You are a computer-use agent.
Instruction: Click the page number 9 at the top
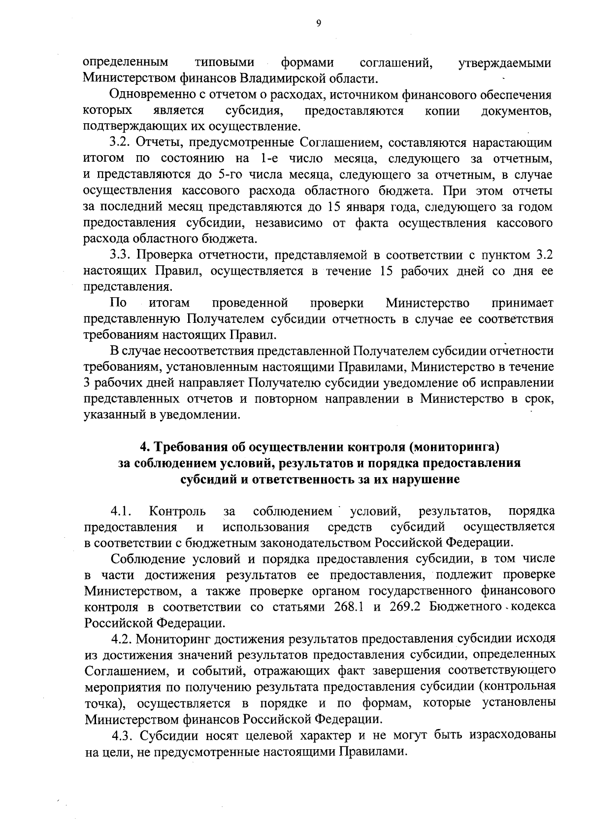pos(319,23)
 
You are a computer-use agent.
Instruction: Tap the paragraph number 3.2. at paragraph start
pos(120,143)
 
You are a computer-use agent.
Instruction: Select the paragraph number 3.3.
pos(120,255)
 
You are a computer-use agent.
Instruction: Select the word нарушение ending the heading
pos(426,480)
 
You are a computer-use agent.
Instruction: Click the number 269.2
pos(405,607)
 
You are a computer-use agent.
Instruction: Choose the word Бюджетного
pos(463,607)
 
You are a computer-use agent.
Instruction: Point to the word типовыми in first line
pos(225,63)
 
